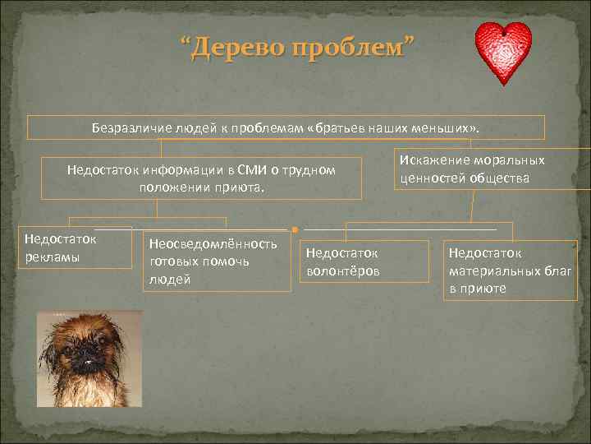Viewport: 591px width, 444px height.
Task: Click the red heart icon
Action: click(x=503, y=53)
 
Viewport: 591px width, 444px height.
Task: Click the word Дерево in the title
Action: click(x=240, y=48)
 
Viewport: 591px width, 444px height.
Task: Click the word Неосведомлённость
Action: click(x=213, y=244)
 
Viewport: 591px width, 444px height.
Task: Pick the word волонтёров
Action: click(x=342, y=271)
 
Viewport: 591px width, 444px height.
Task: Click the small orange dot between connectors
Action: click(x=293, y=229)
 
